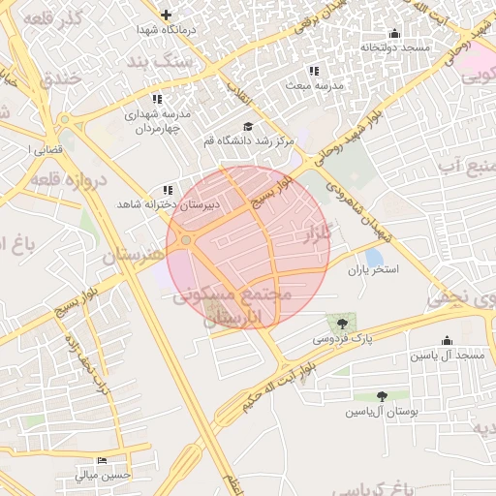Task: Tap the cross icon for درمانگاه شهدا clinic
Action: point(167,15)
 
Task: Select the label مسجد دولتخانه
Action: point(394,46)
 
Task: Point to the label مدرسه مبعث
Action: point(313,85)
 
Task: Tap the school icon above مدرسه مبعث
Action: point(313,71)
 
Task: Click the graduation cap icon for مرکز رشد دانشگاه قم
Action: point(247,127)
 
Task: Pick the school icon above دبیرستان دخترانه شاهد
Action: point(168,190)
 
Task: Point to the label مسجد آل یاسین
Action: point(446,356)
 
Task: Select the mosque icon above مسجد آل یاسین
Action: point(447,341)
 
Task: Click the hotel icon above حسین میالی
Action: point(102,459)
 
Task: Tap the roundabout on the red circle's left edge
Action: point(186,239)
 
